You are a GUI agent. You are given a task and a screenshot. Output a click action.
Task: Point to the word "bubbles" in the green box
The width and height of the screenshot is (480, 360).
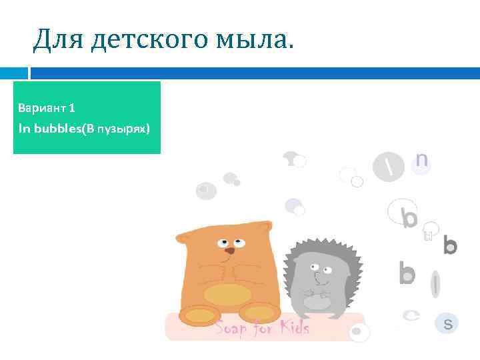57,128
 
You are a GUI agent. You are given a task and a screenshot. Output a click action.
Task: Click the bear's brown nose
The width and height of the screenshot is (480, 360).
229,250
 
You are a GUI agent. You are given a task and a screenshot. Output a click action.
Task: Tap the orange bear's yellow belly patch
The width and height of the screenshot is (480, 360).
227,293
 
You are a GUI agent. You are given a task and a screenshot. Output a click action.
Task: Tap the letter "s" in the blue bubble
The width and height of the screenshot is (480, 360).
448,324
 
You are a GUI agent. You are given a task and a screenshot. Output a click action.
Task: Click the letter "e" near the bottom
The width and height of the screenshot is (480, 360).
413,315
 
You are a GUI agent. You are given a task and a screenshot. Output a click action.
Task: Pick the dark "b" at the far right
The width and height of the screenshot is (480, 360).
450,245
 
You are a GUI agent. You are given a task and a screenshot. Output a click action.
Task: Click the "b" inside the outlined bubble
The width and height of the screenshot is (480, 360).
409,217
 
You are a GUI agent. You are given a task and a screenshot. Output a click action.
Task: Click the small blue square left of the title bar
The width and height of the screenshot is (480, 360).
14,73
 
